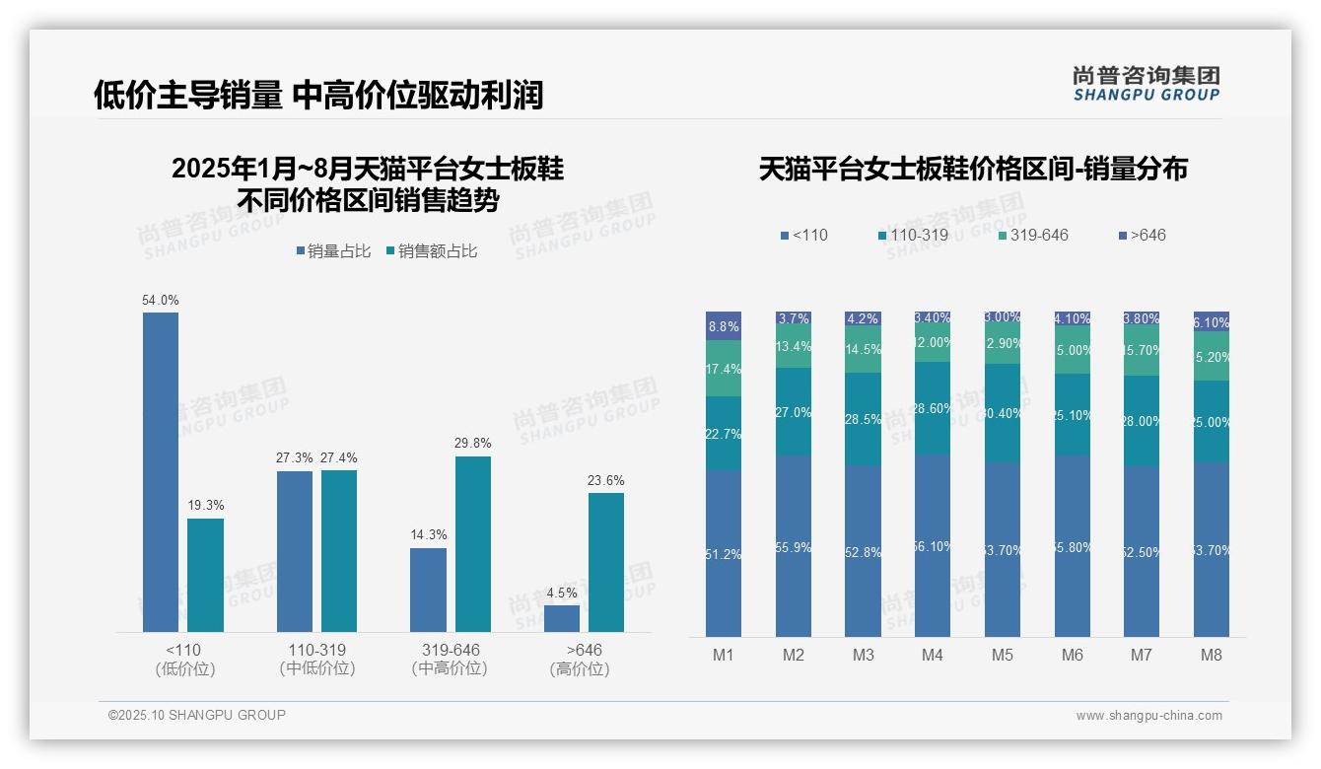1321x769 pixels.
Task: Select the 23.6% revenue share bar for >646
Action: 606,562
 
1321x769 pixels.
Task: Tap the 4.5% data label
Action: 561,593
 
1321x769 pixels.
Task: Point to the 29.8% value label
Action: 473,444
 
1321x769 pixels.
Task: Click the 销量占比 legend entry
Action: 332,251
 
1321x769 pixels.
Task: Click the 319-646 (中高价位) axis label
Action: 451,660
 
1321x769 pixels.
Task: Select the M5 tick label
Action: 1003,656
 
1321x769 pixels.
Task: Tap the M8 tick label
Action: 1212,656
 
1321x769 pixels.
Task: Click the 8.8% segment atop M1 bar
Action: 724,326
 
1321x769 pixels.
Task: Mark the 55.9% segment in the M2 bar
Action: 794,547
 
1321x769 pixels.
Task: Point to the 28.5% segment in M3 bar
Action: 864,419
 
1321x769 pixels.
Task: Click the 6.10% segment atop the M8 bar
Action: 1212,322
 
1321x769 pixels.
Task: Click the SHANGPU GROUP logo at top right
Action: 1147,83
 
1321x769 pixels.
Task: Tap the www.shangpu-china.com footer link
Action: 1148,716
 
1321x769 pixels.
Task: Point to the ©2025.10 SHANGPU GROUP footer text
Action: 197,715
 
